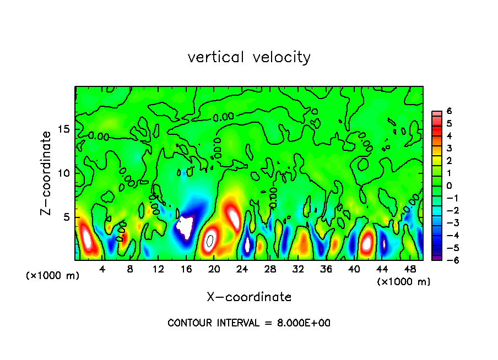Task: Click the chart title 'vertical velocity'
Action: [249, 57]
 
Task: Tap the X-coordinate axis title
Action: [249, 297]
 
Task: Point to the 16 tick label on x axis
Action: [186, 269]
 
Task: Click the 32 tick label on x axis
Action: [298, 269]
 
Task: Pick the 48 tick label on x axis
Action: [410, 269]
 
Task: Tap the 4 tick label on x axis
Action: [102, 269]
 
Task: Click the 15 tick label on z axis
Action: [64, 129]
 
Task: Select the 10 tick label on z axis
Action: [64, 173]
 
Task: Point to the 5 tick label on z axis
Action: [67, 217]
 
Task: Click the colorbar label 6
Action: [449, 111]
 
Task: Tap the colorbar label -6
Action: [447, 260]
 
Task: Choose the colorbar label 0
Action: [449, 186]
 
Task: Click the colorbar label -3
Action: [447, 223]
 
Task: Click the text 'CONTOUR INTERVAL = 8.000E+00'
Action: [249, 323]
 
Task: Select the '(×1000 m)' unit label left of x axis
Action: [53, 275]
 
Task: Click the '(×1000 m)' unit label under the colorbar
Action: [404, 281]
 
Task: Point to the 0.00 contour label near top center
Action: [223, 117]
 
